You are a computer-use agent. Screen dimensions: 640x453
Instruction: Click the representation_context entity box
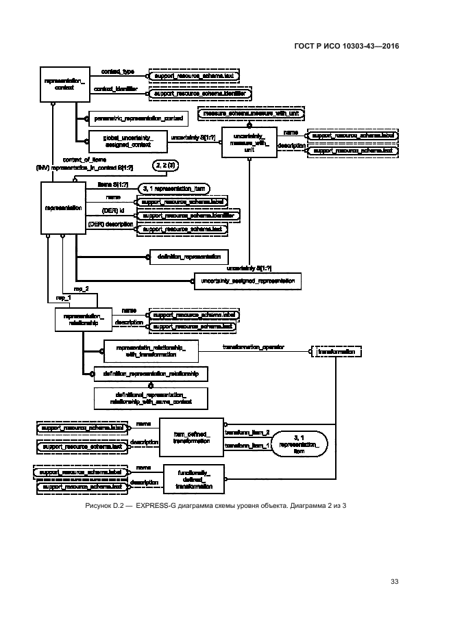point(64,84)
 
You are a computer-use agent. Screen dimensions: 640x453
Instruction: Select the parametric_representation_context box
point(138,118)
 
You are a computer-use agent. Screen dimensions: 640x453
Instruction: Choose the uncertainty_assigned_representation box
point(246,280)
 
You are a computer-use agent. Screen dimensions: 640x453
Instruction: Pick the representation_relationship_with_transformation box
point(151,350)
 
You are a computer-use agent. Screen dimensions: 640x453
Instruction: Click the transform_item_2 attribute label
point(247,432)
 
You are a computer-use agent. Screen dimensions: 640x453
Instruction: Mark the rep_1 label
point(63,298)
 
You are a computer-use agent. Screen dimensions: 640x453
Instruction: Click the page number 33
point(394,583)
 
